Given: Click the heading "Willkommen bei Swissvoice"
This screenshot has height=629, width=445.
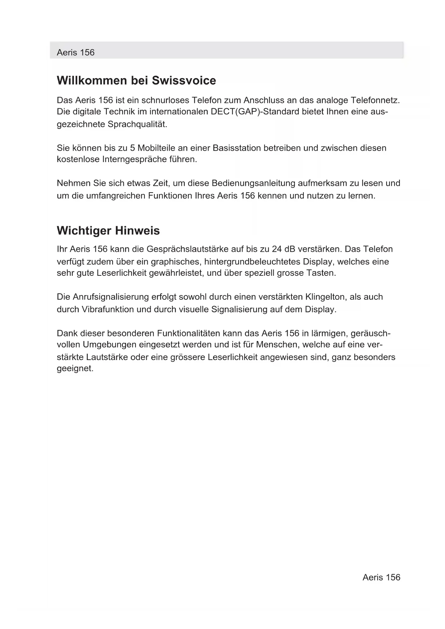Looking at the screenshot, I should [136, 81].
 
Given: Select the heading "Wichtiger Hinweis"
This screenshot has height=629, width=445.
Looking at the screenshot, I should [108, 231].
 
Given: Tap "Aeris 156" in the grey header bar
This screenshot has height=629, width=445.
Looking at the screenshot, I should [76, 53].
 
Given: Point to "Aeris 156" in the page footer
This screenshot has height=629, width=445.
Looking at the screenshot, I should [381, 577].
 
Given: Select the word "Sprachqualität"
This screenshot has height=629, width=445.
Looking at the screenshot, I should [137, 124].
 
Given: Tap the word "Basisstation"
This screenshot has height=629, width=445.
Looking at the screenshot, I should [237, 148].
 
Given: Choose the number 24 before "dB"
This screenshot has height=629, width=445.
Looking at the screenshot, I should [276, 249].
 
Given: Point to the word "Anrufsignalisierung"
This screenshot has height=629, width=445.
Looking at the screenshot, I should [111, 297].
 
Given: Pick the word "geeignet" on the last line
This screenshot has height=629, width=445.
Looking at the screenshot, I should [75, 368].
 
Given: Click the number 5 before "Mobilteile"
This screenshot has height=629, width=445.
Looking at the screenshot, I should [132, 148].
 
